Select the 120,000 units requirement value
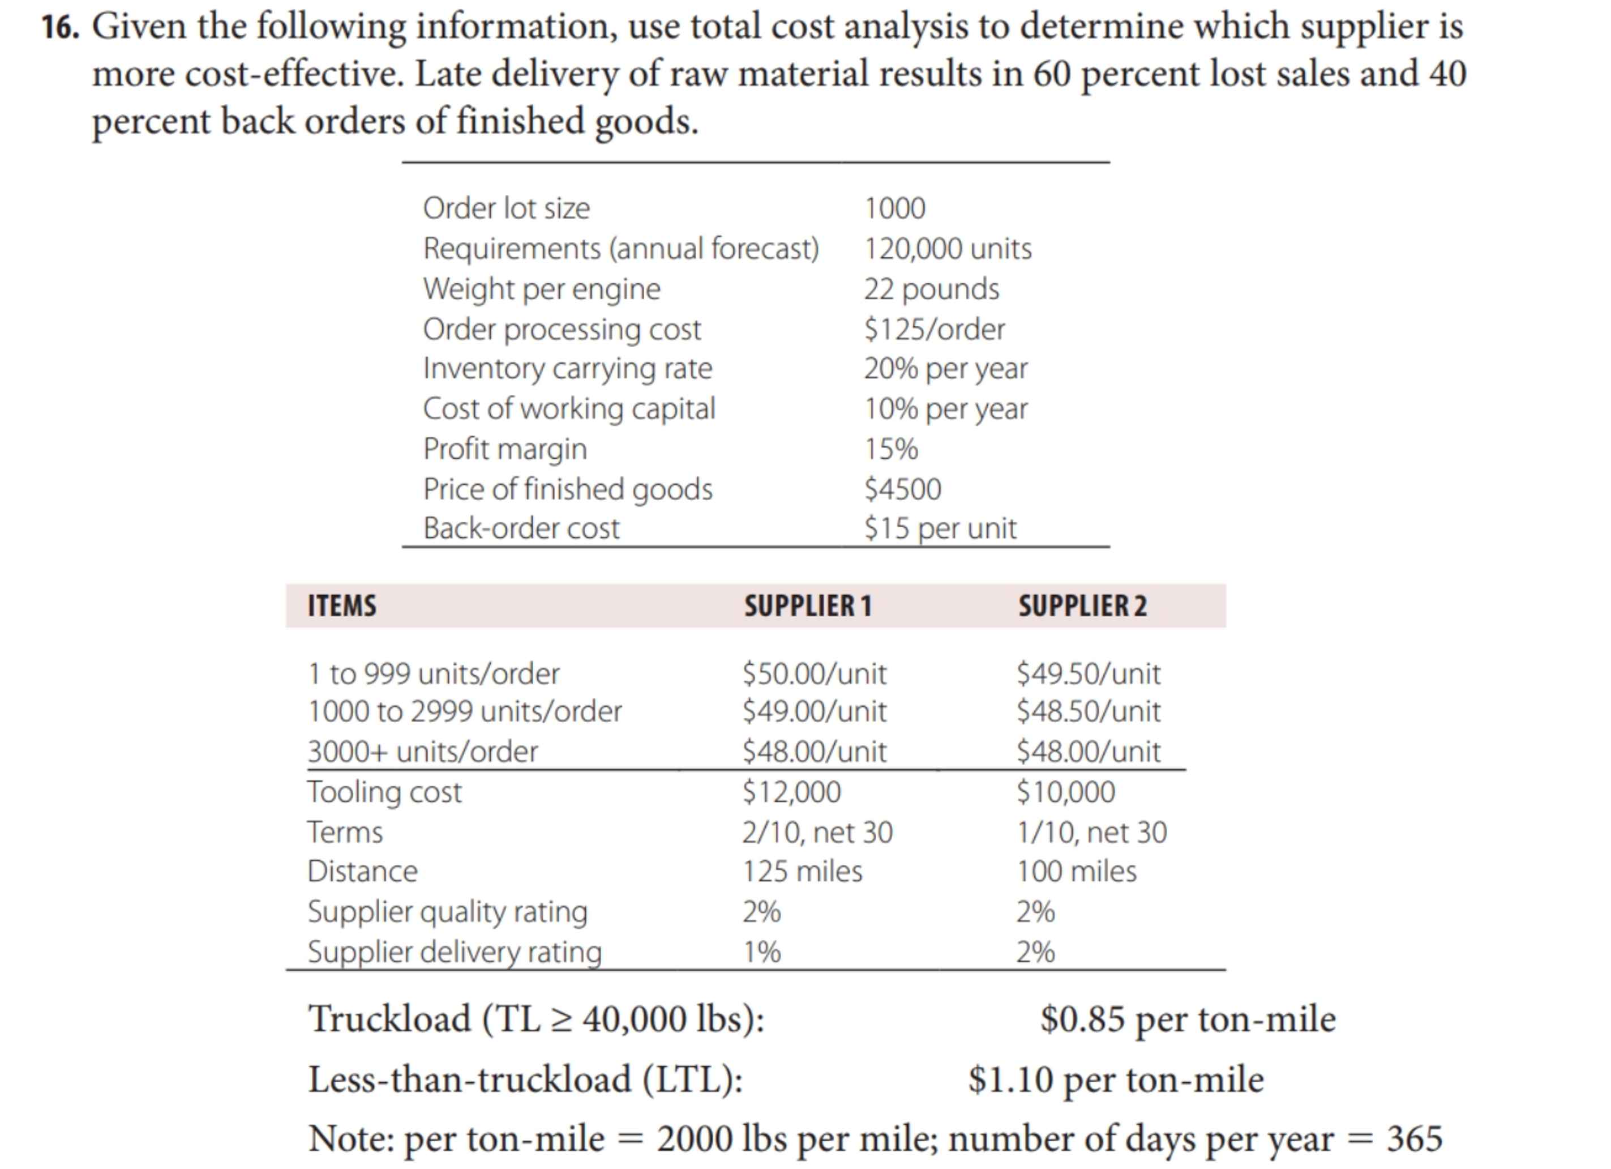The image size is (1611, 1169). click(x=947, y=249)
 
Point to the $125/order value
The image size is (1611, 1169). click(x=933, y=329)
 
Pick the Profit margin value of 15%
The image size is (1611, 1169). click(x=891, y=449)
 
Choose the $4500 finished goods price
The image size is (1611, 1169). click(x=902, y=489)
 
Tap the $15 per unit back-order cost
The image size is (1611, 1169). click(x=940, y=528)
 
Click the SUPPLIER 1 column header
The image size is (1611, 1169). click(x=807, y=606)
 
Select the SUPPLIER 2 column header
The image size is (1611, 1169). click(x=1082, y=606)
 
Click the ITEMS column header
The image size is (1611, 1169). click(x=342, y=606)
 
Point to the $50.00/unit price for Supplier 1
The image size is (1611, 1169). click(x=814, y=673)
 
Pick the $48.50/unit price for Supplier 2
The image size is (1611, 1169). click(x=1088, y=711)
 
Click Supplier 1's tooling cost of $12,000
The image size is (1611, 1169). click(x=791, y=792)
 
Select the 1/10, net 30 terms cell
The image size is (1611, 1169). click(x=1091, y=832)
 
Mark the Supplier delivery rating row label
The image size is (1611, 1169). click(x=455, y=952)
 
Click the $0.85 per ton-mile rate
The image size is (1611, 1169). click(x=1187, y=1019)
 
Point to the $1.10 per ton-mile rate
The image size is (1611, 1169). click(x=1115, y=1080)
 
